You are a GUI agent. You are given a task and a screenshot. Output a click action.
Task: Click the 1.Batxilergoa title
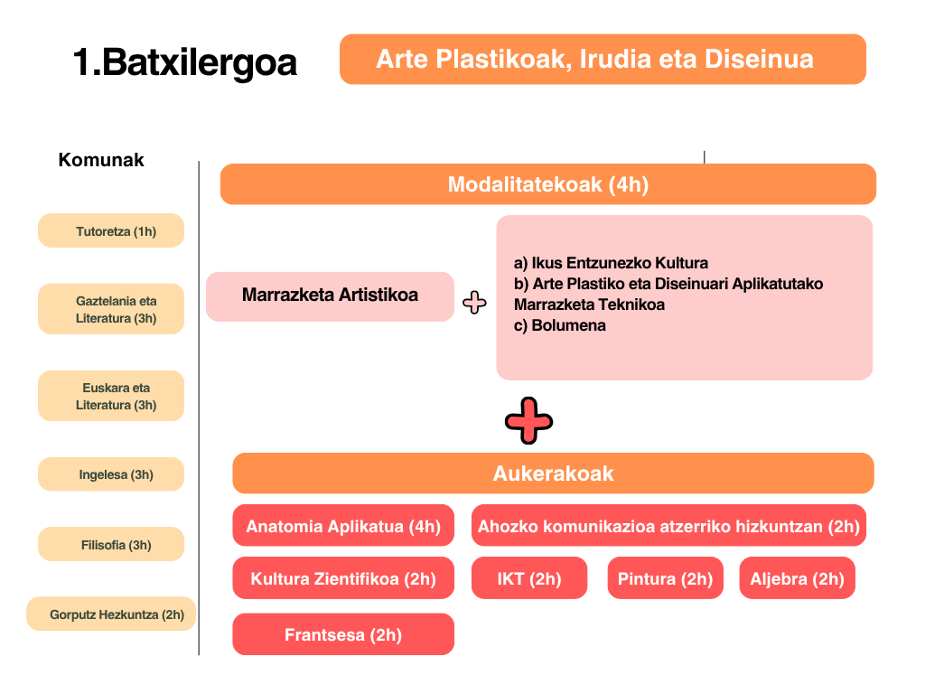tap(184, 62)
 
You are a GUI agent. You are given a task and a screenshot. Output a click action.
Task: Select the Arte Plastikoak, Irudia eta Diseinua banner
tap(603, 59)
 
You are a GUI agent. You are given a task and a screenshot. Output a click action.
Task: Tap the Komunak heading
tap(101, 160)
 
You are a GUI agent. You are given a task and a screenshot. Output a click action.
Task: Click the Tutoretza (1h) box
tap(111, 230)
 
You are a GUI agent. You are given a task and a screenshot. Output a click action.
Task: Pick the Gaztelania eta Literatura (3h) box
tap(111, 309)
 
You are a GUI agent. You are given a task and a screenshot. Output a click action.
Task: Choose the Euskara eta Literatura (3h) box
tap(111, 396)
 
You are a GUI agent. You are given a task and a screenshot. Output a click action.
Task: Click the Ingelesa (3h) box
tap(111, 474)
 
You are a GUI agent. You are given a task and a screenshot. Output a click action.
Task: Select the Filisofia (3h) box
tap(111, 544)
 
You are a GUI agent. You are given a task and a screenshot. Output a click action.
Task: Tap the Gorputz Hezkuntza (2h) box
tap(111, 614)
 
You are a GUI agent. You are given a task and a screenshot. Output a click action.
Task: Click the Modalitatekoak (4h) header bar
tap(548, 184)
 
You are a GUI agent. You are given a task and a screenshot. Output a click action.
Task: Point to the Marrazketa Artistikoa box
tap(330, 296)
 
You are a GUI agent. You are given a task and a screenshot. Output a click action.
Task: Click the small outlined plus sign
tap(474, 303)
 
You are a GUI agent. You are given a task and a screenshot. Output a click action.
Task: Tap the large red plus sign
tap(528, 421)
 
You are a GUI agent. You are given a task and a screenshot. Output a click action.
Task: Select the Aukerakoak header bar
tap(553, 474)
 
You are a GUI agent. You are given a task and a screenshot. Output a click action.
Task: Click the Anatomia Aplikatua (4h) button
tap(343, 525)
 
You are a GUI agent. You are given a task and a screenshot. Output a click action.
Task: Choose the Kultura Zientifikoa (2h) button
tap(343, 577)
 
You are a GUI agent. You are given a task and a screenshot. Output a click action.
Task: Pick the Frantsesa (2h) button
tap(343, 634)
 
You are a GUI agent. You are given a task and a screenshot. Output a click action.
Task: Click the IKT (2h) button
tap(529, 577)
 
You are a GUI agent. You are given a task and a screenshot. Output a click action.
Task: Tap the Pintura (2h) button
tap(666, 577)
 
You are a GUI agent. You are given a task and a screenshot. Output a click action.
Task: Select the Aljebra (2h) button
tap(797, 577)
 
